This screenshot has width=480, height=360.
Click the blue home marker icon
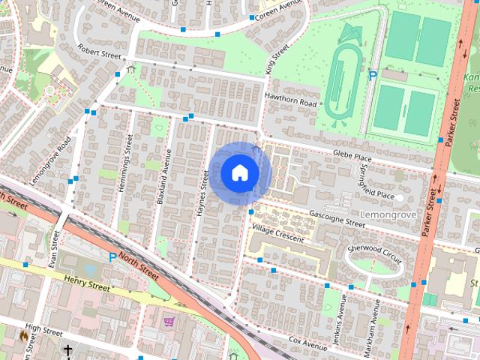coord(239,172)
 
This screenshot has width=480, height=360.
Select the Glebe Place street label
coord(352,157)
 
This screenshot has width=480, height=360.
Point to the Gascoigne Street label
coord(337,218)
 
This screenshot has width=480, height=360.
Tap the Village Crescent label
coord(277,233)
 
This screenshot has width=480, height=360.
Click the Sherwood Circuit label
coord(375,250)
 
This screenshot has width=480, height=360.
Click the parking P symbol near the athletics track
coord(372,75)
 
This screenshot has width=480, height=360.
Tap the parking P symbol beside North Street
coord(112,257)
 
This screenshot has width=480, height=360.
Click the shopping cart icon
coord(169,322)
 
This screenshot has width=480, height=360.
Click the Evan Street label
coord(54,248)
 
